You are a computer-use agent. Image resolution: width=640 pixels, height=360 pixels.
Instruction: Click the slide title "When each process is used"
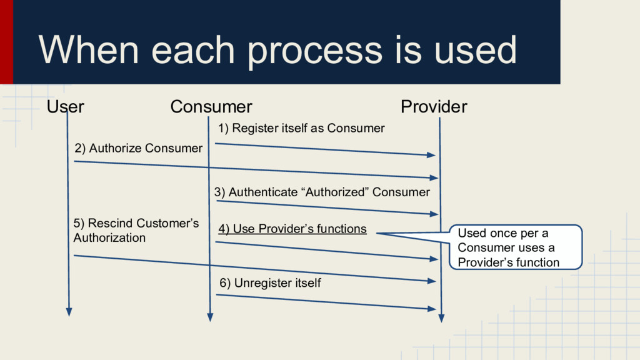[x=277, y=50]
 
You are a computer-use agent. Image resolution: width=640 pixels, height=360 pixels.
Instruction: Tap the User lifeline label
[x=66, y=107]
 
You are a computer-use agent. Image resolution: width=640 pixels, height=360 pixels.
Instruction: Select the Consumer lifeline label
[x=211, y=107]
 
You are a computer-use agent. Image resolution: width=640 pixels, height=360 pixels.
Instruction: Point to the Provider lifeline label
[x=433, y=107]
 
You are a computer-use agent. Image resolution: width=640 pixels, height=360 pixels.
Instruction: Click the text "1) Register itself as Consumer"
[x=301, y=129]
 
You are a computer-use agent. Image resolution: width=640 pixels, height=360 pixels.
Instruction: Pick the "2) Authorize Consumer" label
[x=138, y=149]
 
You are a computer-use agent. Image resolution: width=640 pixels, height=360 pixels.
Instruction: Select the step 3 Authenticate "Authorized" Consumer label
[x=322, y=192]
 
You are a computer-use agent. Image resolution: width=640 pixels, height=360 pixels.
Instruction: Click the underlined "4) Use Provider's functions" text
[x=292, y=229]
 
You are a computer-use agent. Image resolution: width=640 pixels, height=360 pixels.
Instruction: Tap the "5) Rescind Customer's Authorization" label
[x=136, y=231]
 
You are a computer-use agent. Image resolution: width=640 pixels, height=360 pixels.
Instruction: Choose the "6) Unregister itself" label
[x=270, y=283]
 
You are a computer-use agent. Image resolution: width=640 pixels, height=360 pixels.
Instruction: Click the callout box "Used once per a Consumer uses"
[x=515, y=247]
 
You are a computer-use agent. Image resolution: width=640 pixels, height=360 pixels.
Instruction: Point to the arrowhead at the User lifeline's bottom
[x=69, y=311]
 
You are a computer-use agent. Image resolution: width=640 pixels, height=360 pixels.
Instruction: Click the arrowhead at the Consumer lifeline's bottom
[x=210, y=316]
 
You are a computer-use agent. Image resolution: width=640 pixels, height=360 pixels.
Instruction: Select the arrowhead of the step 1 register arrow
[x=431, y=154]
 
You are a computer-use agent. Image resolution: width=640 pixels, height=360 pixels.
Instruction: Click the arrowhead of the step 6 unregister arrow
[x=431, y=309]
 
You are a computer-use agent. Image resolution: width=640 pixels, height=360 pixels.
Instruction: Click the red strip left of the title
[x=6, y=41]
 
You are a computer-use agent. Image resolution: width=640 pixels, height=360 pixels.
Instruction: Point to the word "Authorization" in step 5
[x=109, y=238]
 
